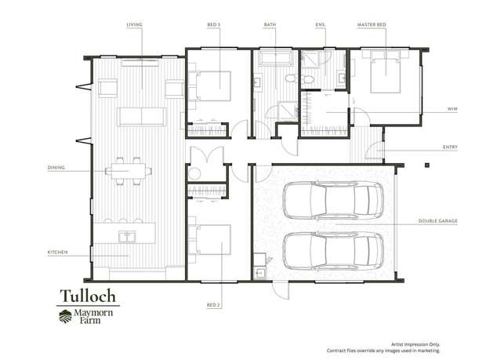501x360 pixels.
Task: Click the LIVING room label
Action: click(134, 24)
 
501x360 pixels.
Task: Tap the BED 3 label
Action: click(214, 24)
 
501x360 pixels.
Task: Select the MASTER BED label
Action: click(372, 24)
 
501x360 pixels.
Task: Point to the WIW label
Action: click(452, 109)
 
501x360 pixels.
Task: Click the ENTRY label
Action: click(450, 147)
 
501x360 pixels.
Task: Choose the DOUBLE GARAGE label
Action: click(437, 221)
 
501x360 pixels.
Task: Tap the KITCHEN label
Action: click(57, 253)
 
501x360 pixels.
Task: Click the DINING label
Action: click(56, 168)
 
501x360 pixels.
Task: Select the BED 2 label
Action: click(213, 305)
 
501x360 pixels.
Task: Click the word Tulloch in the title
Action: click(88, 296)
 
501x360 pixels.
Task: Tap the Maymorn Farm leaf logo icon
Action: click(65, 316)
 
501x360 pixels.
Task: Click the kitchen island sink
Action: click(127, 237)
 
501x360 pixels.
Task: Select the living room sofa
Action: click(142, 116)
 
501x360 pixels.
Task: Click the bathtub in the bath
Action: click(276, 58)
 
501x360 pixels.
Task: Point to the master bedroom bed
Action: click(385, 72)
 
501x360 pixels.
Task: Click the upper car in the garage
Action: click(333, 200)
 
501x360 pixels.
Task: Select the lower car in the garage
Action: click(333, 251)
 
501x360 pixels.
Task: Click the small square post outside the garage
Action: click(427, 165)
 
